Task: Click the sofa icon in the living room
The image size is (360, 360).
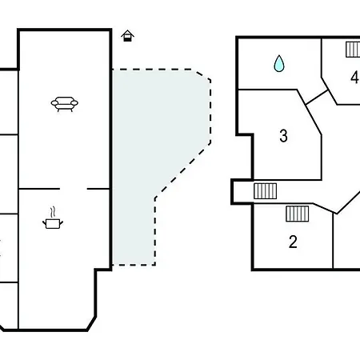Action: coord(65,104)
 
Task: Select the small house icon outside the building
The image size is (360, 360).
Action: coord(127,36)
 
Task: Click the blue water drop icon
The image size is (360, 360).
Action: coord(279,63)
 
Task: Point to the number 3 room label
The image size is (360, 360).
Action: coord(283,135)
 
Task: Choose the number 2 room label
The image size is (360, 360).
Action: coord(293,242)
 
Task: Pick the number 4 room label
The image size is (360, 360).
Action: coord(354,78)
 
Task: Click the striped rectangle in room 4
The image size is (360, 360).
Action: coord(353,50)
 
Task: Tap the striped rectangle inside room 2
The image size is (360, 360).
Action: coord(298,214)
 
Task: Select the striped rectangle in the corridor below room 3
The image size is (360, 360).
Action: coord(265,191)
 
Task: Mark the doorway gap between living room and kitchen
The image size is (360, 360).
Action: coord(74,189)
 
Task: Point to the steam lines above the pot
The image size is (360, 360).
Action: coord(54,212)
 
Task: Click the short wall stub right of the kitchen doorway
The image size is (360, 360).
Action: coord(98,189)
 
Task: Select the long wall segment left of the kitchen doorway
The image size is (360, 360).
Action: coord(39,189)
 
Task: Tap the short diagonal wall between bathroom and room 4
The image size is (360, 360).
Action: coord(317,97)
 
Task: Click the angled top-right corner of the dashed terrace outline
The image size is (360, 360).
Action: coord(204,74)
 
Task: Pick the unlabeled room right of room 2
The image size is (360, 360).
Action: coord(346,240)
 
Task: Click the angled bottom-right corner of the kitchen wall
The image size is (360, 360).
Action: coord(91,323)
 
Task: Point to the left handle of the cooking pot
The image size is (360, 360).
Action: coord(44,222)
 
